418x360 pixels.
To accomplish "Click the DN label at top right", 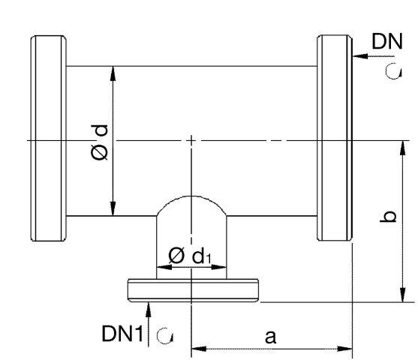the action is click(387, 41).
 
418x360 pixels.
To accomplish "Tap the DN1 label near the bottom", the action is click(122, 333).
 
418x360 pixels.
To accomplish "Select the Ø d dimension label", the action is click(100, 142).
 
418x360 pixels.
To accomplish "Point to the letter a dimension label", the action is click(271, 337).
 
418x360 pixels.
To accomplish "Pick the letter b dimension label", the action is click(388, 216).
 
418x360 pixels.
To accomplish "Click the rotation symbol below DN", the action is click(394, 71).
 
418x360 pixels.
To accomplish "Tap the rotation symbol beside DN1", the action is click(165, 335).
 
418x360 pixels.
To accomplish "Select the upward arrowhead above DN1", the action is click(149, 309).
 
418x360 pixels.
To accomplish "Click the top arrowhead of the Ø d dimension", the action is click(113, 73).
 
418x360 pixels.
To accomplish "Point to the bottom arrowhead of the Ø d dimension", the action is click(113, 208).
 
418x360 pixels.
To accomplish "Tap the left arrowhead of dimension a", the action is click(199, 349).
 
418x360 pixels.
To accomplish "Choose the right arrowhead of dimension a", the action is click(345, 349).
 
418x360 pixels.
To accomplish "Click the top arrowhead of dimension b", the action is click(403, 148).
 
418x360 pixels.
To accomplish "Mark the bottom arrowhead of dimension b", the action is click(403, 295).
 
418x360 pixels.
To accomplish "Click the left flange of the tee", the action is click(49, 138).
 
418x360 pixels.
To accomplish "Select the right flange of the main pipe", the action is click(335, 138).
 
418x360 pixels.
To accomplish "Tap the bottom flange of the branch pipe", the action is click(193, 290).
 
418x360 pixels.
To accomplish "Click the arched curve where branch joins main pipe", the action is click(191, 196).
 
